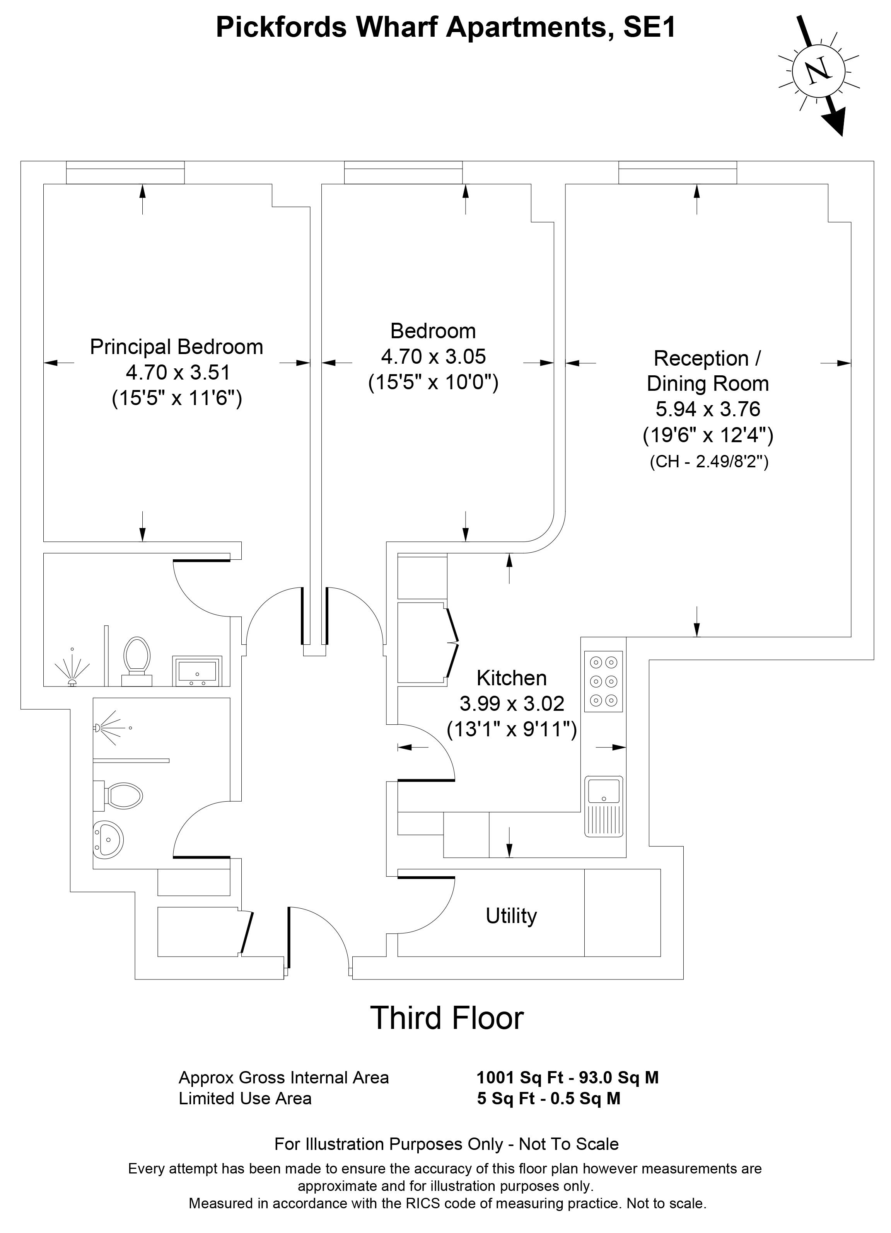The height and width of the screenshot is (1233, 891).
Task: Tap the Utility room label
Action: click(x=511, y=916)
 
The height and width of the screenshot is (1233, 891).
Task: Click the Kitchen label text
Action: click(x=511, y=678)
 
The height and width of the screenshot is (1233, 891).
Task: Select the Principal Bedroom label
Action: click(x=176, y=347)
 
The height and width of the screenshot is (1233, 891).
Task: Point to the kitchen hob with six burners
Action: click(x=603, y=681)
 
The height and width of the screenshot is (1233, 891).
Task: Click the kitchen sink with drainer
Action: click(x=604, y=806)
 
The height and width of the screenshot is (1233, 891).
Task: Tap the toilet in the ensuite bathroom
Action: click(x=137, y=661)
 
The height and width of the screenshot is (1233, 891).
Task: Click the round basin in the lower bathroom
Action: click(x=108, y=840)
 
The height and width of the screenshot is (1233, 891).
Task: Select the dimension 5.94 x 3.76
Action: click(x=708, y=409)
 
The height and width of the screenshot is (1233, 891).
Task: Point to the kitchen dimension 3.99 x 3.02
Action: click(x=512, y=703)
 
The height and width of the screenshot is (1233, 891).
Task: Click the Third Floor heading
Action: click(x=447, y=1018)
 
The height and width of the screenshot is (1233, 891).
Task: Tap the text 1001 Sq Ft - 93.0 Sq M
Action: click(x=567, y=1078)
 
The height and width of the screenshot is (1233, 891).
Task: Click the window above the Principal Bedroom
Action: click(x=125, y=172)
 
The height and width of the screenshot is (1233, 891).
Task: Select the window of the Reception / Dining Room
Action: click(x=677, y=172)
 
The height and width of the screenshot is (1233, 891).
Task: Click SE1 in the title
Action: click(x=649, y=27)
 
